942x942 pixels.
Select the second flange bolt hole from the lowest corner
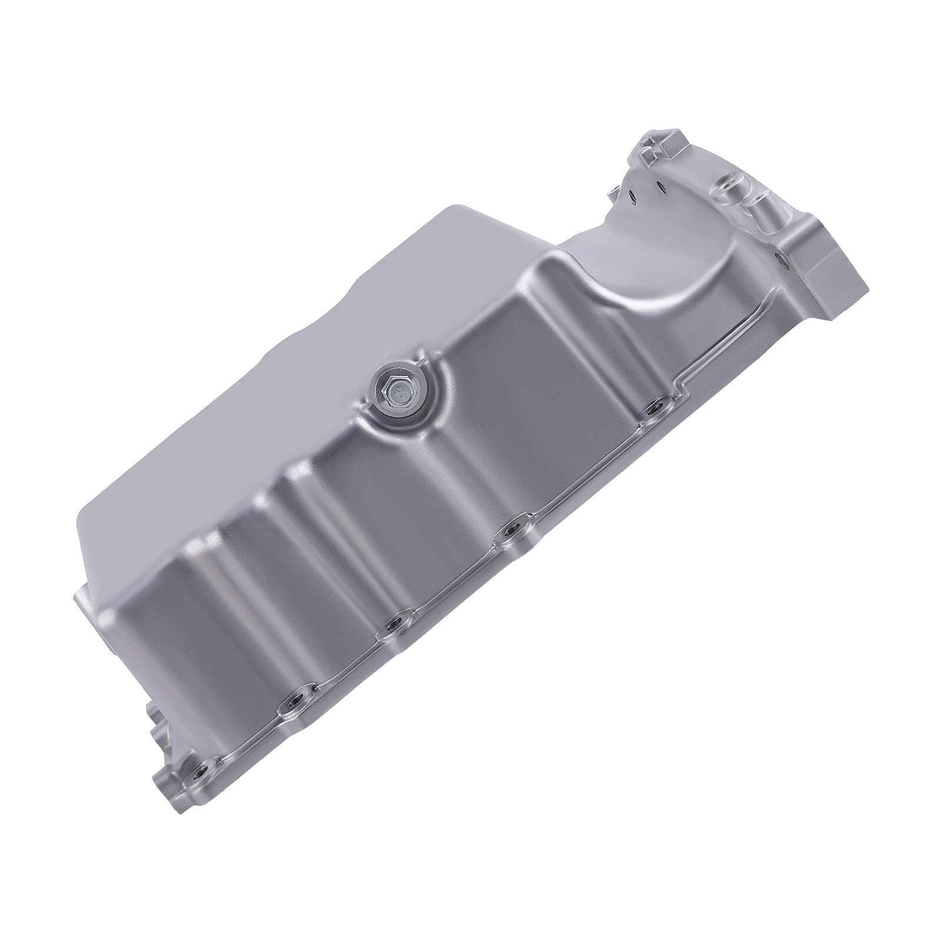292,719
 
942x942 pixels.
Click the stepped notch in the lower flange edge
683,389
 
